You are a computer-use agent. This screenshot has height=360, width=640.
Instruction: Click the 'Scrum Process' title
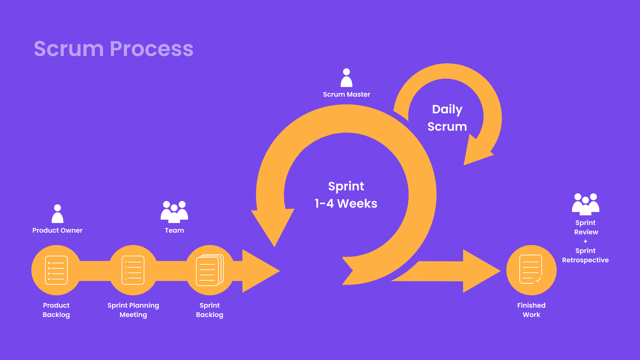(114, 49)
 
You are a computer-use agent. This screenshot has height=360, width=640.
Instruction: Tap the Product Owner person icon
(57, 214)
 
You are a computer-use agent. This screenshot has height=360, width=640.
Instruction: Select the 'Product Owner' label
(57, 230)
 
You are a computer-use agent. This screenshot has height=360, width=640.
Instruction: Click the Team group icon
(174, 212)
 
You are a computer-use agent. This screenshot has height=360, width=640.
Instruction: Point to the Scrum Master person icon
(346, 78)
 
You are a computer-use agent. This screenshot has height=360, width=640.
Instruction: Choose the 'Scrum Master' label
(347, 94)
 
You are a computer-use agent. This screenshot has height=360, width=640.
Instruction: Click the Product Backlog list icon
(56, 270)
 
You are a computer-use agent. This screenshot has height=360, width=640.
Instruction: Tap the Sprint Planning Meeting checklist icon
(133, 270)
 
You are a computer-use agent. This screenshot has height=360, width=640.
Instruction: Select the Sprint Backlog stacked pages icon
(210, 270)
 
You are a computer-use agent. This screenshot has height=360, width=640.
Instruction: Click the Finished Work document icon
(531, 269)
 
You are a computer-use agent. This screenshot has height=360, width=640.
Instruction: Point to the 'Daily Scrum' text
(447, 118)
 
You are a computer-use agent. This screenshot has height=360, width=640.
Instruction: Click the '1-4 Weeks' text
(346, 203)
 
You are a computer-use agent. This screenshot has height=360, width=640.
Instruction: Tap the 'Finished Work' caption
(531, 310)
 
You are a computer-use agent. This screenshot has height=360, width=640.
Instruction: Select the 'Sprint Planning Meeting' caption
(133, 310)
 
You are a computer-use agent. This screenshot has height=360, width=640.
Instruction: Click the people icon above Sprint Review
(586, 204)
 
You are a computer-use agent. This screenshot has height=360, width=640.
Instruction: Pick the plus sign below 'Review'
(585, 241)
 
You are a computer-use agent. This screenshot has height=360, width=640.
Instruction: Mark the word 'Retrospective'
(585, 260)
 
